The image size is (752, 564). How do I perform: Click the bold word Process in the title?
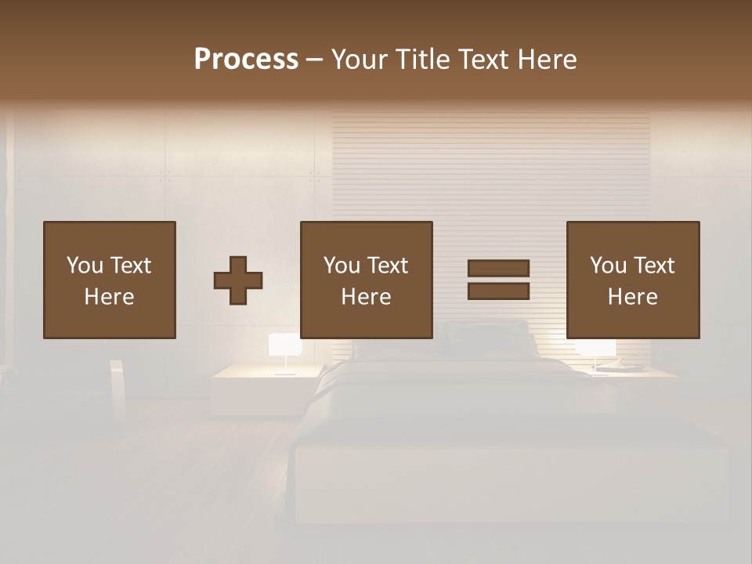tap(246, 60)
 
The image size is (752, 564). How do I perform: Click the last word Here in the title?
tap(545, 60)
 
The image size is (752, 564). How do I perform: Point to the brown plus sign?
tap(238, 280)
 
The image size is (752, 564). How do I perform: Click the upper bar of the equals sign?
tap(498, 269)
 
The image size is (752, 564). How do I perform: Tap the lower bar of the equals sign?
tap(498, 291)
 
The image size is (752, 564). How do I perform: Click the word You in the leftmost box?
tap(85, 266)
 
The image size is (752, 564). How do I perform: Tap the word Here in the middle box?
tap(366, 297)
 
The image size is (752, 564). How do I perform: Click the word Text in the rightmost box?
tap(654, 266)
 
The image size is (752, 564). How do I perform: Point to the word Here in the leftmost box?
tap(109, 297)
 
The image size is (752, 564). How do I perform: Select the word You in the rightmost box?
tap(608, 266)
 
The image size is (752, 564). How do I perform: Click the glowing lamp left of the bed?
tap(285, 346)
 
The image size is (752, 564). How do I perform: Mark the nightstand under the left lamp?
tap(266, 388)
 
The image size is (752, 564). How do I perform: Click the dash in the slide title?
tap(315, 60)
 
